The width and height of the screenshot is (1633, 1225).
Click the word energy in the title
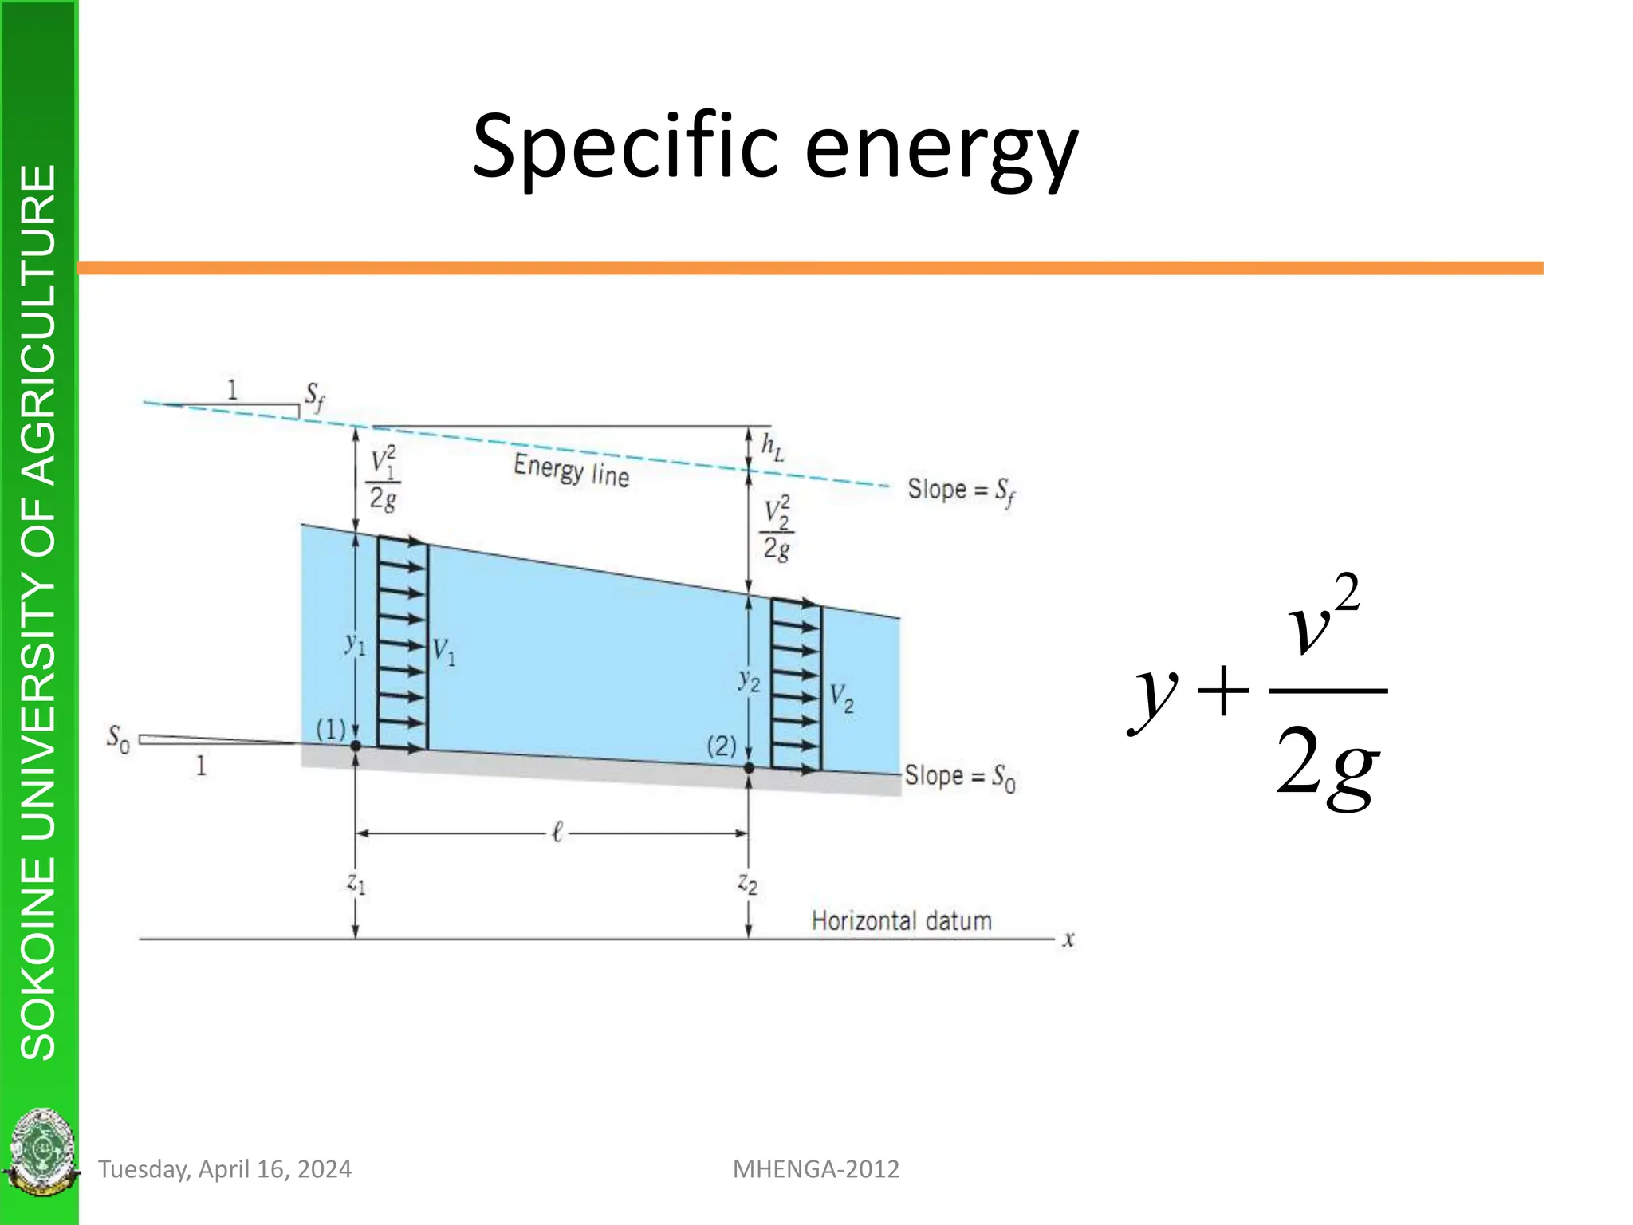[941, 152]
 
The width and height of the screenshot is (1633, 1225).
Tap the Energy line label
[571, 470]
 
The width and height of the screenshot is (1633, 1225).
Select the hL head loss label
[772, 447]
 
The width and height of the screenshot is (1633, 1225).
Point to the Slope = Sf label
[961, 490]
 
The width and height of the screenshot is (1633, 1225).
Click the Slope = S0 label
[959, 777]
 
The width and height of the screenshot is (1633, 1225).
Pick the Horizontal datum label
[901, 921]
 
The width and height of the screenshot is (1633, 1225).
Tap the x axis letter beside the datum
[1068, 939]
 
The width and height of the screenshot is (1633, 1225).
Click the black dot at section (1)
[356, 746]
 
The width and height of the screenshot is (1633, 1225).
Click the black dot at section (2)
[749, 767]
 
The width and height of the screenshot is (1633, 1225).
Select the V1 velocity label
[443, 652]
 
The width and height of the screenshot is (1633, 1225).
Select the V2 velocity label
[841, 698]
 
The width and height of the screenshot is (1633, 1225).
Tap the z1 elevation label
[356, 884]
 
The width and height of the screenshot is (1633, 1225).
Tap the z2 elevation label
[747, 884]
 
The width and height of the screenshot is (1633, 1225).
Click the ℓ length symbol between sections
[557, 833]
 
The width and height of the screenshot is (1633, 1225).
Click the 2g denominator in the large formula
[1327, 763]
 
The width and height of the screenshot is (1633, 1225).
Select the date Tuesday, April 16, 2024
[225, 1169]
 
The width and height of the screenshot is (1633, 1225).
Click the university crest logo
[40, 1152]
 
